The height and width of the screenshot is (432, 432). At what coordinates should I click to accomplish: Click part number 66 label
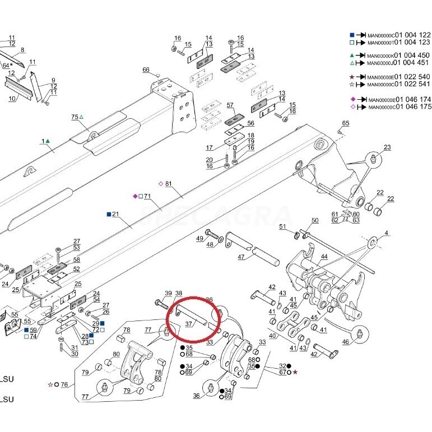coord(146,69)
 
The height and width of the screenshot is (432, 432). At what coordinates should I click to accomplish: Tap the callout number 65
coord(346,123)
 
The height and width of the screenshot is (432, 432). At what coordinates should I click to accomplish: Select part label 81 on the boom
coord(169,183)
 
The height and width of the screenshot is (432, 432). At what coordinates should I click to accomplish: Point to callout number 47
coord(241,257)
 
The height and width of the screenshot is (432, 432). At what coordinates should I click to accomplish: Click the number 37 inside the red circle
coord(189,323)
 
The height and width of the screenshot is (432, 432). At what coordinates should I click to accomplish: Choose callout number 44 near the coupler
coord(324,257)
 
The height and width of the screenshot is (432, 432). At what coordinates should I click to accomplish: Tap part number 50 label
coord(315,221)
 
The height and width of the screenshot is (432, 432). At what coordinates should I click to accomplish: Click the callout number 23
coord(387,147)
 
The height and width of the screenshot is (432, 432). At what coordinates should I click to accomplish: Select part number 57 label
coord(230,105)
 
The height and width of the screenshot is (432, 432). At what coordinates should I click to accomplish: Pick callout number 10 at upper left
coord(12,99)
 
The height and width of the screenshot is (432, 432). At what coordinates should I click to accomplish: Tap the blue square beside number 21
coord(108,214)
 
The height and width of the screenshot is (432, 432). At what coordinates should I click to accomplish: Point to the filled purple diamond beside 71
coord(134,196)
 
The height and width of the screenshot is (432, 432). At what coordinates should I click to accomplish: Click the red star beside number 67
coord(295,371)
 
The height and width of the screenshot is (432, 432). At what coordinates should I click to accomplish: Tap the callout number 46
coord(346,342)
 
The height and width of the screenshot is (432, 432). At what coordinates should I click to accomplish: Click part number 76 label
coord(64,384)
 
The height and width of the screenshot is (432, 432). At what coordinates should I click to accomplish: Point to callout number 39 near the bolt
coord(168,294)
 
